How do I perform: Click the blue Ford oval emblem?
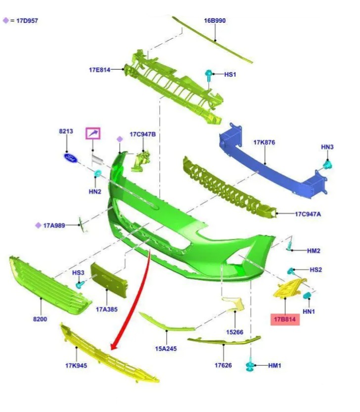pos(71,158)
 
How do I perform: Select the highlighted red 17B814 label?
pos(285,319)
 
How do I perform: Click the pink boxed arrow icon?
pos(93,134)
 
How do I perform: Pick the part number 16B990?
pos(215,20)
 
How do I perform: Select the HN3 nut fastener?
pos(327,165)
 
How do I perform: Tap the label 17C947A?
pos(308,214)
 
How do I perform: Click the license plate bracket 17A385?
pos(108,279)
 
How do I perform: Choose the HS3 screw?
pos(80,284)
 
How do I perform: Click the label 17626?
pos(223,365)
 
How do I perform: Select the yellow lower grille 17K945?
pos(108,354)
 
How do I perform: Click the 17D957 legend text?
pos(27,20)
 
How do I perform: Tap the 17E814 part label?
pos(99,70)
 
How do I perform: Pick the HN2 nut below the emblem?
pos(97,173)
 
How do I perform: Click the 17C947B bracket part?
pos(141,161)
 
